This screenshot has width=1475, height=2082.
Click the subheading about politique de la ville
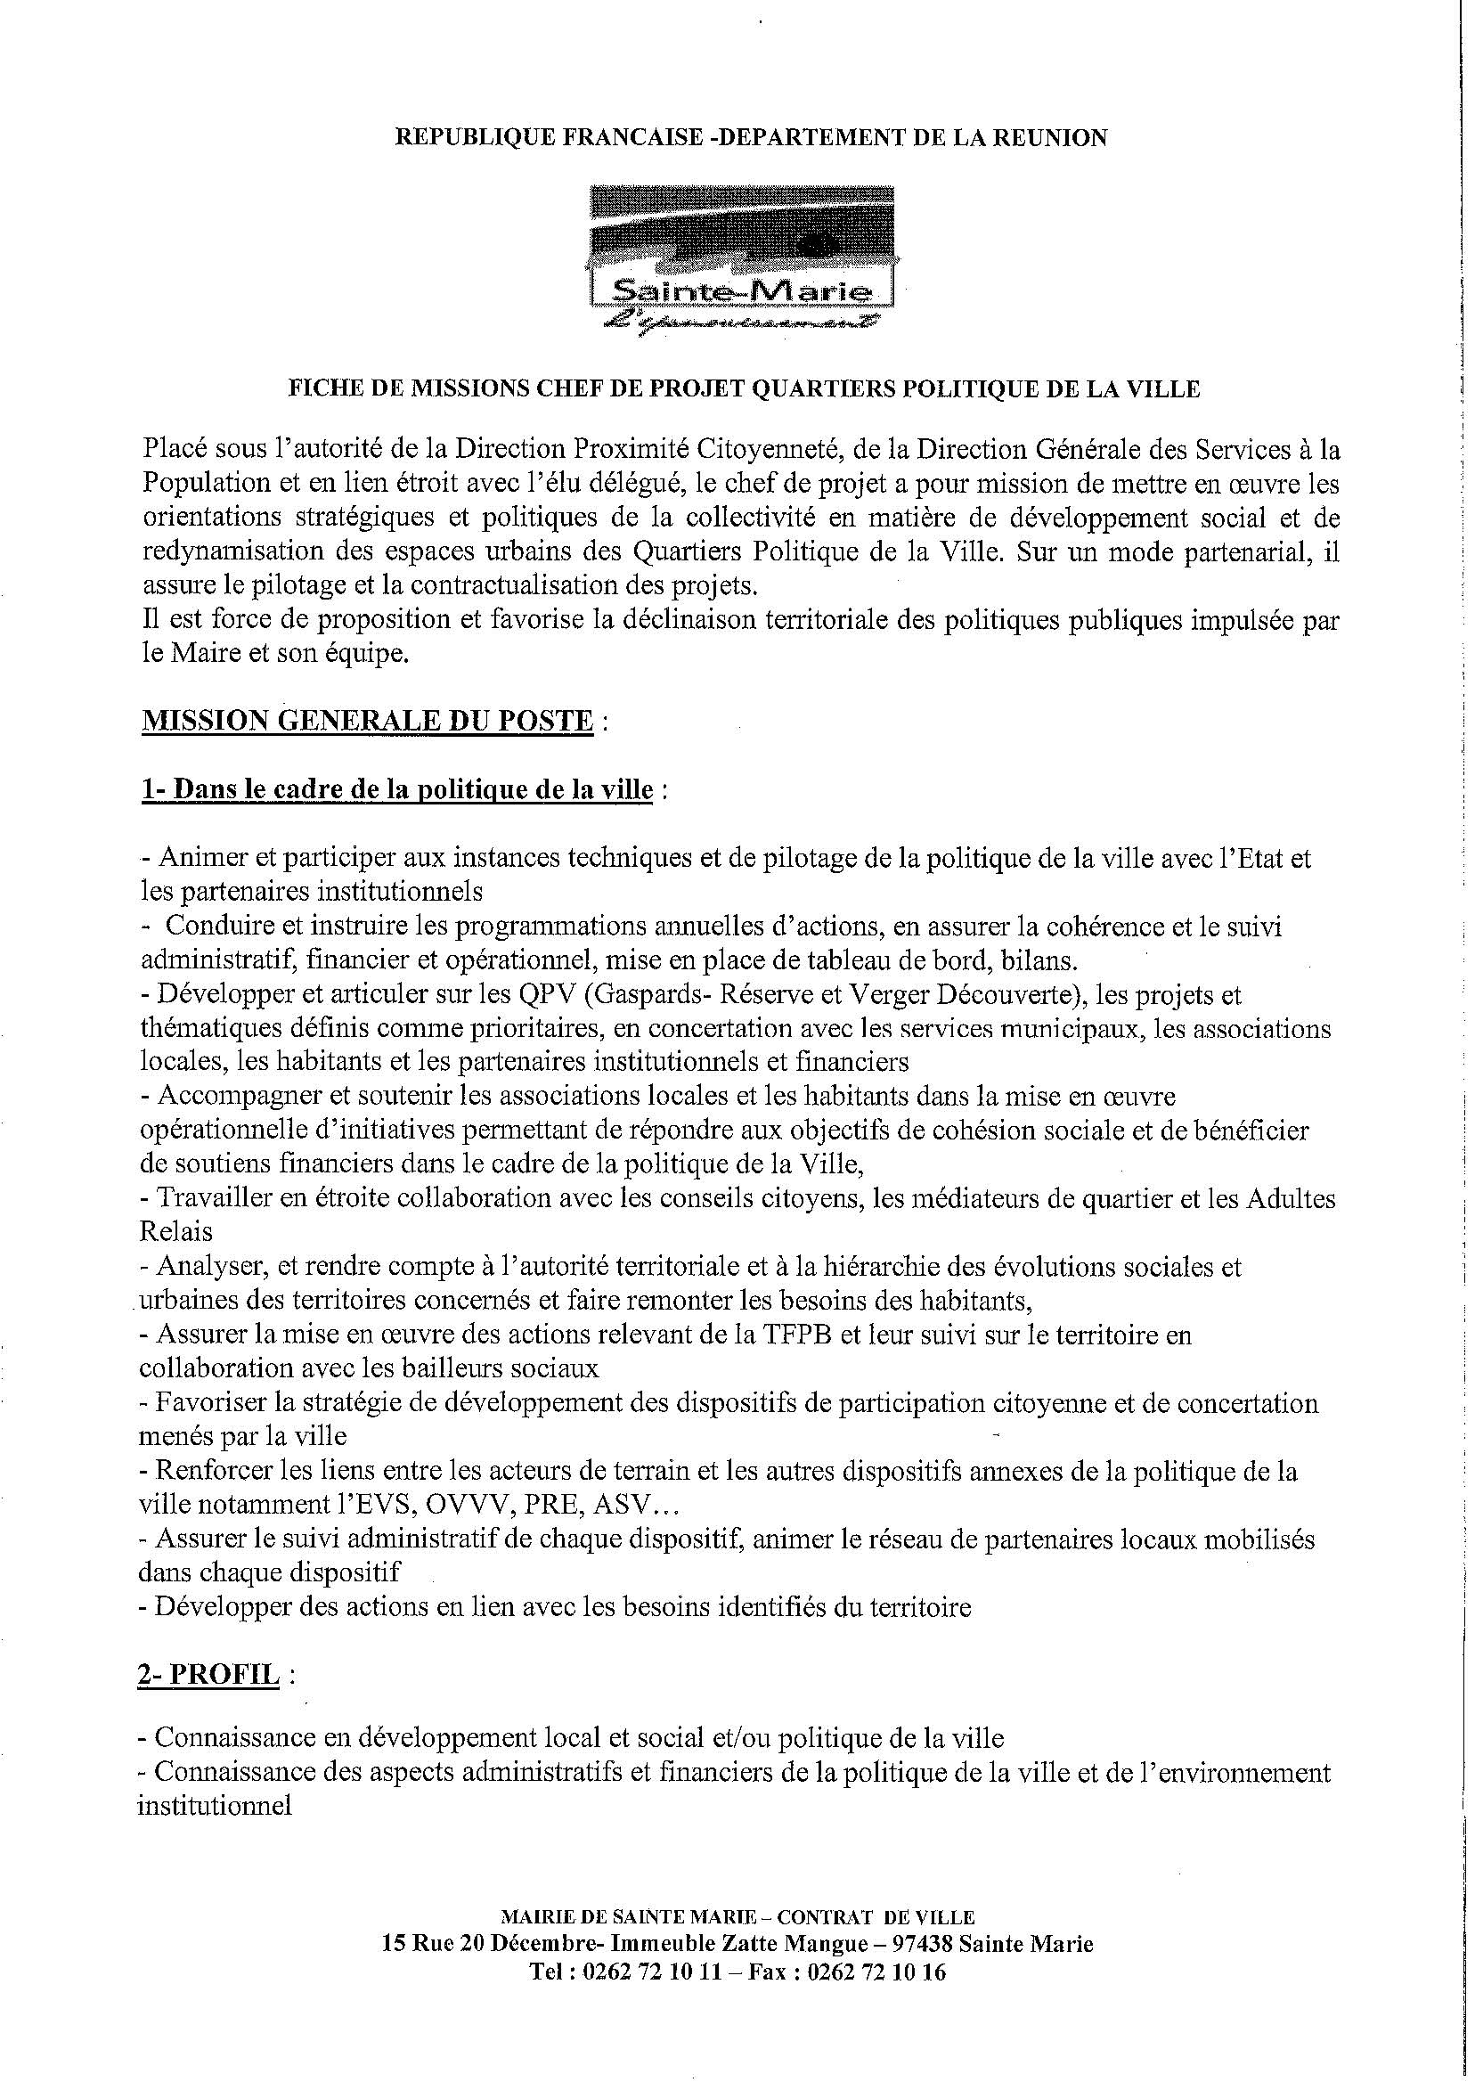397,789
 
